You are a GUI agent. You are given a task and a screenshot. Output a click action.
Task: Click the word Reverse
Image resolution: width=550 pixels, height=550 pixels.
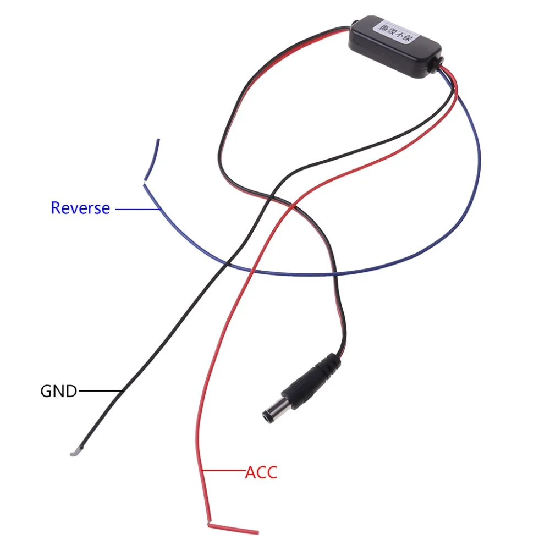point(80,208)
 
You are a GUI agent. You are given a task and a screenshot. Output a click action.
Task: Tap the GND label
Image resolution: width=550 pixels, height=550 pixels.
point(58,392)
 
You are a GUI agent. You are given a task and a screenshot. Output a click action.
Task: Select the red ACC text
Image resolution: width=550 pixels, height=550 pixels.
point(261,472)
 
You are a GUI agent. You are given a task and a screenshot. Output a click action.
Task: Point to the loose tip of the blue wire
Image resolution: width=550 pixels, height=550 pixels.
point(158,140)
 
